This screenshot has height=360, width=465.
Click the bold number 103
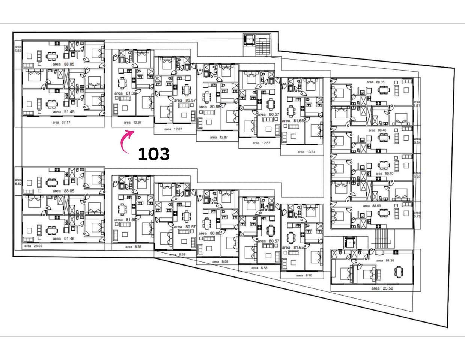(x=153, y=154)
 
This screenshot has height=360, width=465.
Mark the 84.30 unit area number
(x=389, y=260)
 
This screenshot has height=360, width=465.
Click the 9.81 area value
(x=417, y=106)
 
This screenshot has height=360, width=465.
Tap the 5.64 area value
(x=417, y=143)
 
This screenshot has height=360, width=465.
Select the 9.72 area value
(x=417, y=177)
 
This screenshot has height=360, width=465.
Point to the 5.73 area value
(x=417, y=217)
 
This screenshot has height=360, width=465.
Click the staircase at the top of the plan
(x=263, y=46)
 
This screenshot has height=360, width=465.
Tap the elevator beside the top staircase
(x=248, y=39)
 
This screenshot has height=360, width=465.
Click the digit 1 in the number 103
(x=141, y=154)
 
